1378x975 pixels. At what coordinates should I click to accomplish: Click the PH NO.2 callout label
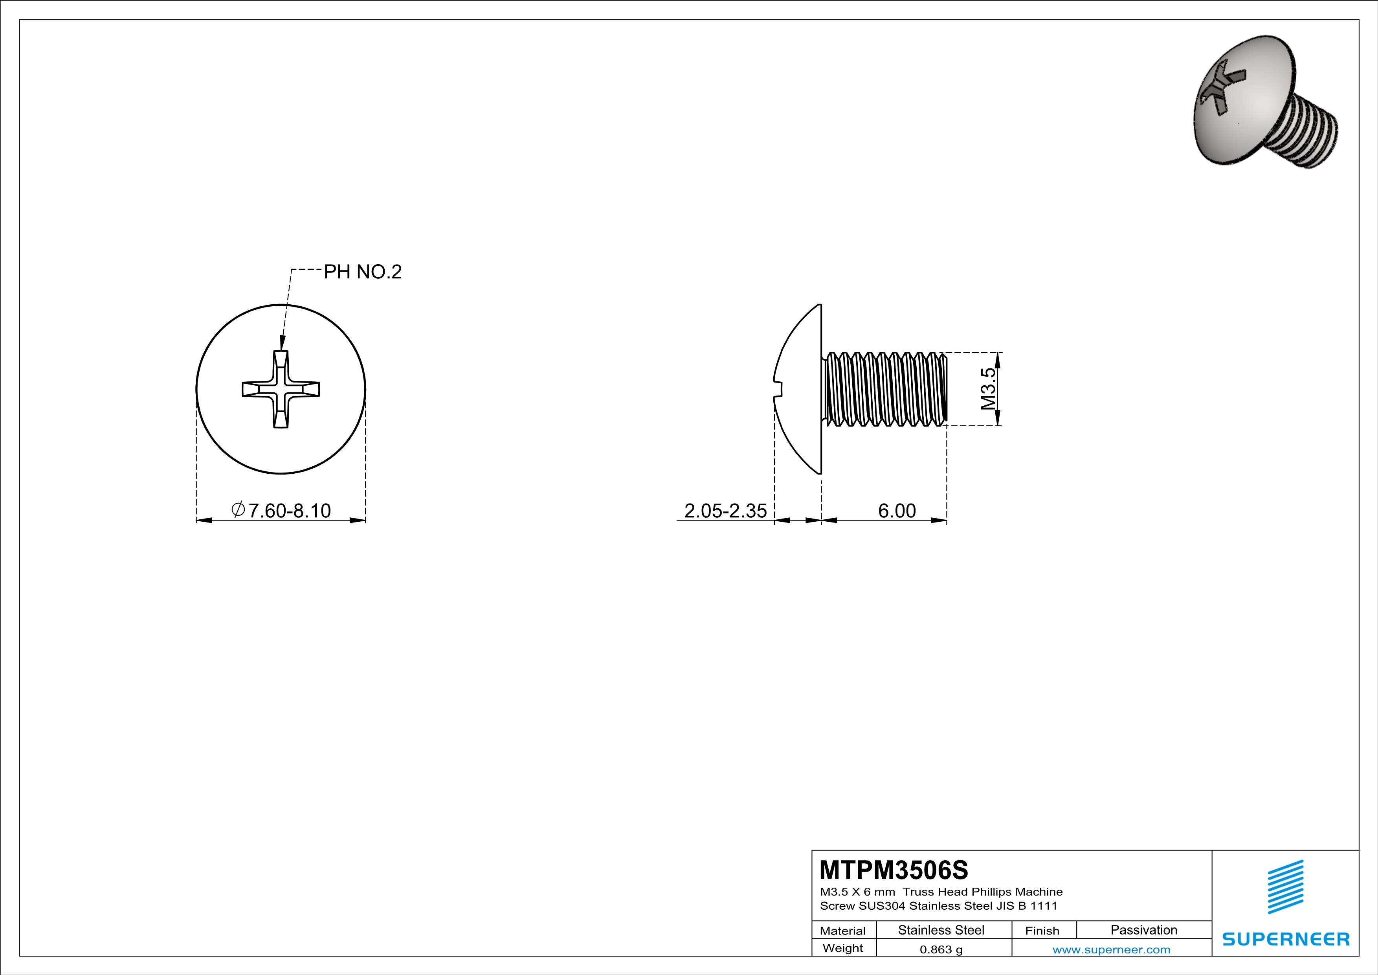tap(363, 272)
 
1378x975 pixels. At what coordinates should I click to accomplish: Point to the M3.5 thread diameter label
tap(988, 388)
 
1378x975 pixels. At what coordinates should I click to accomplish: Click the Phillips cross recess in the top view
tap(281, 389)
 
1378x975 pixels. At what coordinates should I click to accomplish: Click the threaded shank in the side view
tap(885, 389)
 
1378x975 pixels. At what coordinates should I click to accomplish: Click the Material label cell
tap(843, 931)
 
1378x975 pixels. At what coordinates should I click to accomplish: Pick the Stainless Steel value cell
tap(941, 930)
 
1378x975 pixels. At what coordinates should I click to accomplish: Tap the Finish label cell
tap(1042, 931)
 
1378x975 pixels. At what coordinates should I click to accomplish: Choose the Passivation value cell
tap(1143, 930)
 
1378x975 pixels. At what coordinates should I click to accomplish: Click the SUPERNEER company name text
tap(1286, 939)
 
